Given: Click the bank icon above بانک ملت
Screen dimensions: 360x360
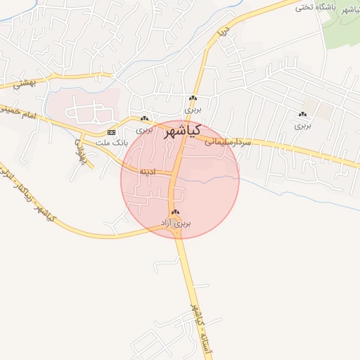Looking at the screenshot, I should coord(112,132).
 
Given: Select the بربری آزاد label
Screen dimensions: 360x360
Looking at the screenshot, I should coord(176,223).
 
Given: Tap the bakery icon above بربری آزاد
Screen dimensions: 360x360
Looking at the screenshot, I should coord(175,212).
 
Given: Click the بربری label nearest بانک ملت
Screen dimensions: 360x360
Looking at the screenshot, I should coord(144,130).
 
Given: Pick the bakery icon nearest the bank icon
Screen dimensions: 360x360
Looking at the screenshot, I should coord(144,119).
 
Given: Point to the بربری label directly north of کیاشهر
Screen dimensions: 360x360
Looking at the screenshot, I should coord(193,110).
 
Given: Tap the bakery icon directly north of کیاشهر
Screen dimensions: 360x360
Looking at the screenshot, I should coord(193,98).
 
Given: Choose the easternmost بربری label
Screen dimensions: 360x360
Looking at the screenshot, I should coord(302,126).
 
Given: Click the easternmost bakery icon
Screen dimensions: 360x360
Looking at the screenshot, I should coord(302,115).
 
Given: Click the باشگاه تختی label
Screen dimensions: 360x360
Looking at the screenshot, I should coord(313,7).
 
